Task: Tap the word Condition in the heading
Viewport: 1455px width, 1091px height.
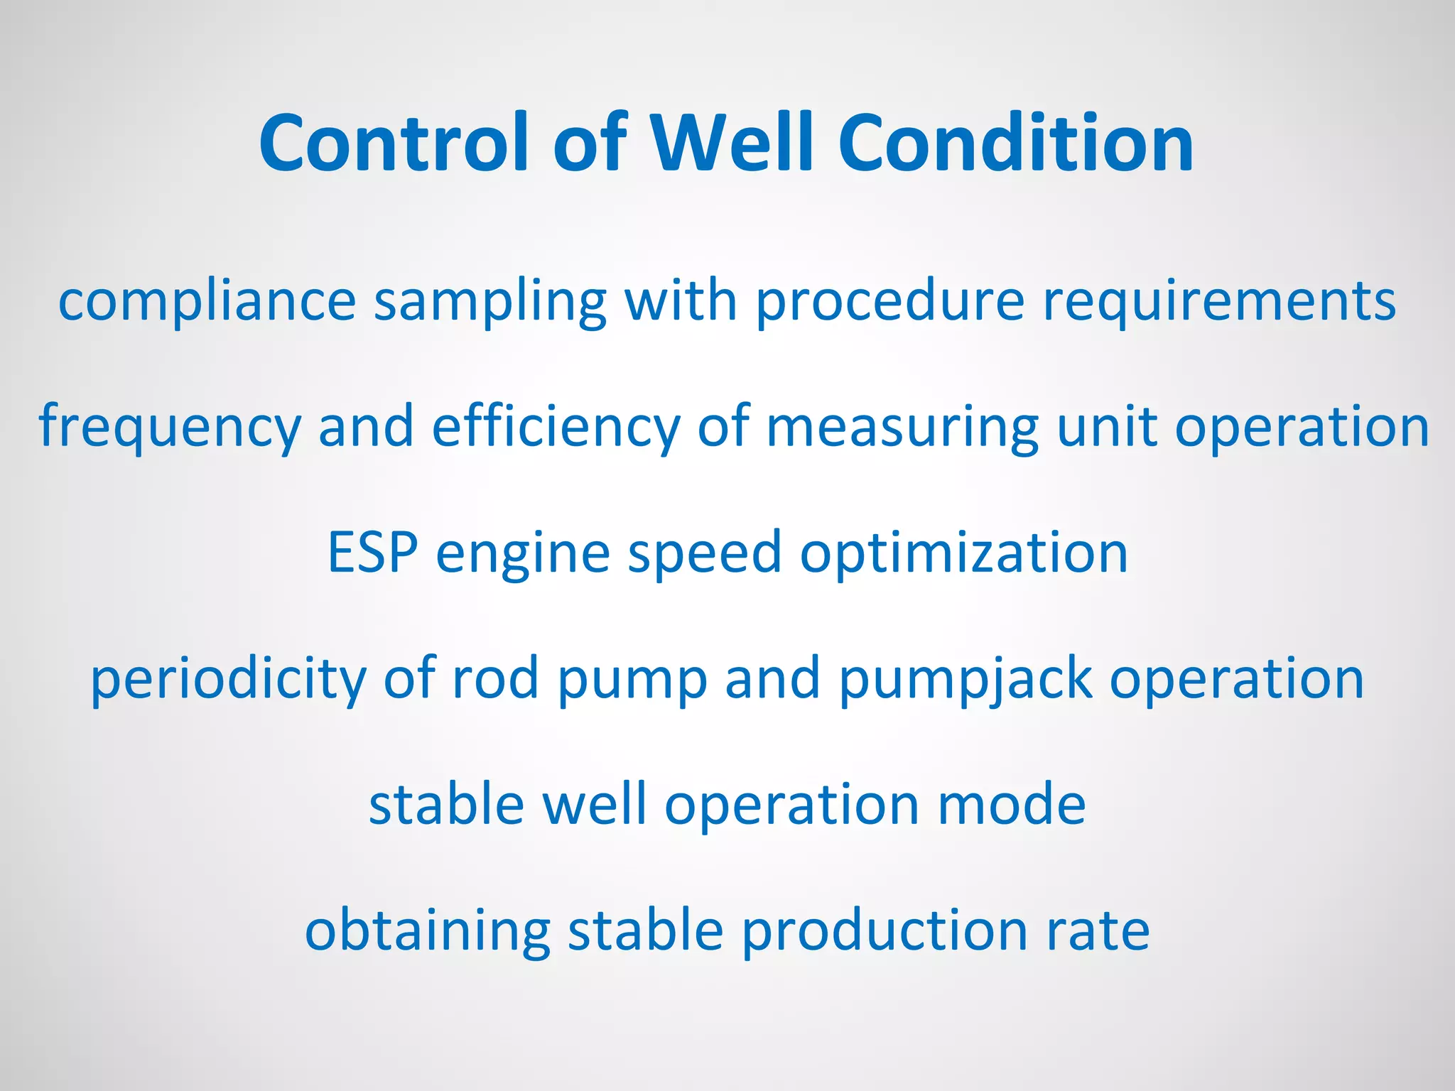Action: (1016, 144)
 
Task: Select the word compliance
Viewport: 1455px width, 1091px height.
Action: (207, 301)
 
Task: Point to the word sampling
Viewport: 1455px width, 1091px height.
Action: (490, 301)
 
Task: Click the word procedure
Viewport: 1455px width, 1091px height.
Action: (889, 301)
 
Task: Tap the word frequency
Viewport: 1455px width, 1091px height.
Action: (170, 427)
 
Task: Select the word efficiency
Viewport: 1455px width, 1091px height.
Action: (556, 427)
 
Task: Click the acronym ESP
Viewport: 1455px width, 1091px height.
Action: (372, 553)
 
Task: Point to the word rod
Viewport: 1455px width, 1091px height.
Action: (495, 678)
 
